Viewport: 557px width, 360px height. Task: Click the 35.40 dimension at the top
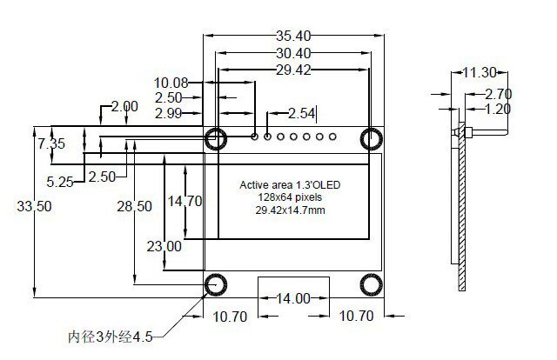[293, 37]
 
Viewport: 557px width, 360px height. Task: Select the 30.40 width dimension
[293, 54]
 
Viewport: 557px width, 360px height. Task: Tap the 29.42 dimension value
[293, 70]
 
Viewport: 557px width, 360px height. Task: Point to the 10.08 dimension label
[171, 83]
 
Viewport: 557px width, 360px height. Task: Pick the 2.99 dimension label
[168, 113]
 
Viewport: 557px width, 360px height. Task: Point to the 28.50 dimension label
[135, 206]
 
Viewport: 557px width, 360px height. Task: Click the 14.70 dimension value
[185, 202]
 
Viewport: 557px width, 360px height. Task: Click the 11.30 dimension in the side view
[480, 72]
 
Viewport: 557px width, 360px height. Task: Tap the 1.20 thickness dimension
[498, 110]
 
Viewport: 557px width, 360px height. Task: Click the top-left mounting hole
[215, 137]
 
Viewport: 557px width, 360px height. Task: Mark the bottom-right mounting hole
[372, 284]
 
